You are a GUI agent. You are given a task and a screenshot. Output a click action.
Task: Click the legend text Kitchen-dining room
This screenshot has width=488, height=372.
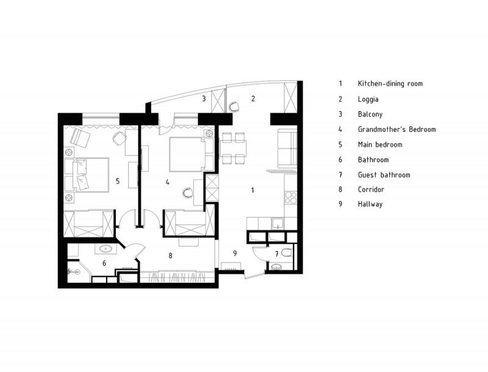[390, 84]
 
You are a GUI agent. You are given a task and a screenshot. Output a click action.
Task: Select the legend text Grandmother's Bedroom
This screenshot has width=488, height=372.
[397, 129]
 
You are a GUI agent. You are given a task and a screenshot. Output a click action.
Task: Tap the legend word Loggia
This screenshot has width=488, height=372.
[368, 100]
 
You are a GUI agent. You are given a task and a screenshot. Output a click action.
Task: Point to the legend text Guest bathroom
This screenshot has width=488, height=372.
[384, 175]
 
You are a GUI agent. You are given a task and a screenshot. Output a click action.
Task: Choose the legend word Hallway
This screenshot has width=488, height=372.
[370, 204]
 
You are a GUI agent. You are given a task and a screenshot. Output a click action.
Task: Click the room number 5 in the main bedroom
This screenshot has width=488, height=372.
[118, 181]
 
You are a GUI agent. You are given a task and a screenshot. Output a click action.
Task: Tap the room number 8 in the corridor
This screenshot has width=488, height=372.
[170, 255]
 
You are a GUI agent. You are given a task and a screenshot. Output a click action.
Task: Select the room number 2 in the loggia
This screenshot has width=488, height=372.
[253, 98]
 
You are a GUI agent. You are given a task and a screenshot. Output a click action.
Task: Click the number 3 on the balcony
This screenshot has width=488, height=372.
[204, 98]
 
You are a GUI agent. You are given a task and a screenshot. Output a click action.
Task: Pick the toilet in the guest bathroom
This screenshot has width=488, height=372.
[287, 252]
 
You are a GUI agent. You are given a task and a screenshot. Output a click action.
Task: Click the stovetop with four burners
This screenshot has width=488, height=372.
[291, 197]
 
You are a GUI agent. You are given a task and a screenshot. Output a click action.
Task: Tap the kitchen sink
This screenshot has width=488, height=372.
[278, 224]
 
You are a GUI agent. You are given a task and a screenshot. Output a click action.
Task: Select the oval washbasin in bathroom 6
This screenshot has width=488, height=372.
[106, 249]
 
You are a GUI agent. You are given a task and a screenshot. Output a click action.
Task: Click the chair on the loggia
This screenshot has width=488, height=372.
[234, 106]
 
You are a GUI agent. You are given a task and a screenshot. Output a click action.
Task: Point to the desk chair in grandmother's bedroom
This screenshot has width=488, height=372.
[188, 193]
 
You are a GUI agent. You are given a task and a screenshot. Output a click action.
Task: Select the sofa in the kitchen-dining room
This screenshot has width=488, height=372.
[287, 148]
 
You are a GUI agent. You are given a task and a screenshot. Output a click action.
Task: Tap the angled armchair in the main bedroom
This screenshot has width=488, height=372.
[80, 137]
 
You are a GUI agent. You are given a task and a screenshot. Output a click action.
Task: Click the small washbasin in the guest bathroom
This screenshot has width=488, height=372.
[276, 267]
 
